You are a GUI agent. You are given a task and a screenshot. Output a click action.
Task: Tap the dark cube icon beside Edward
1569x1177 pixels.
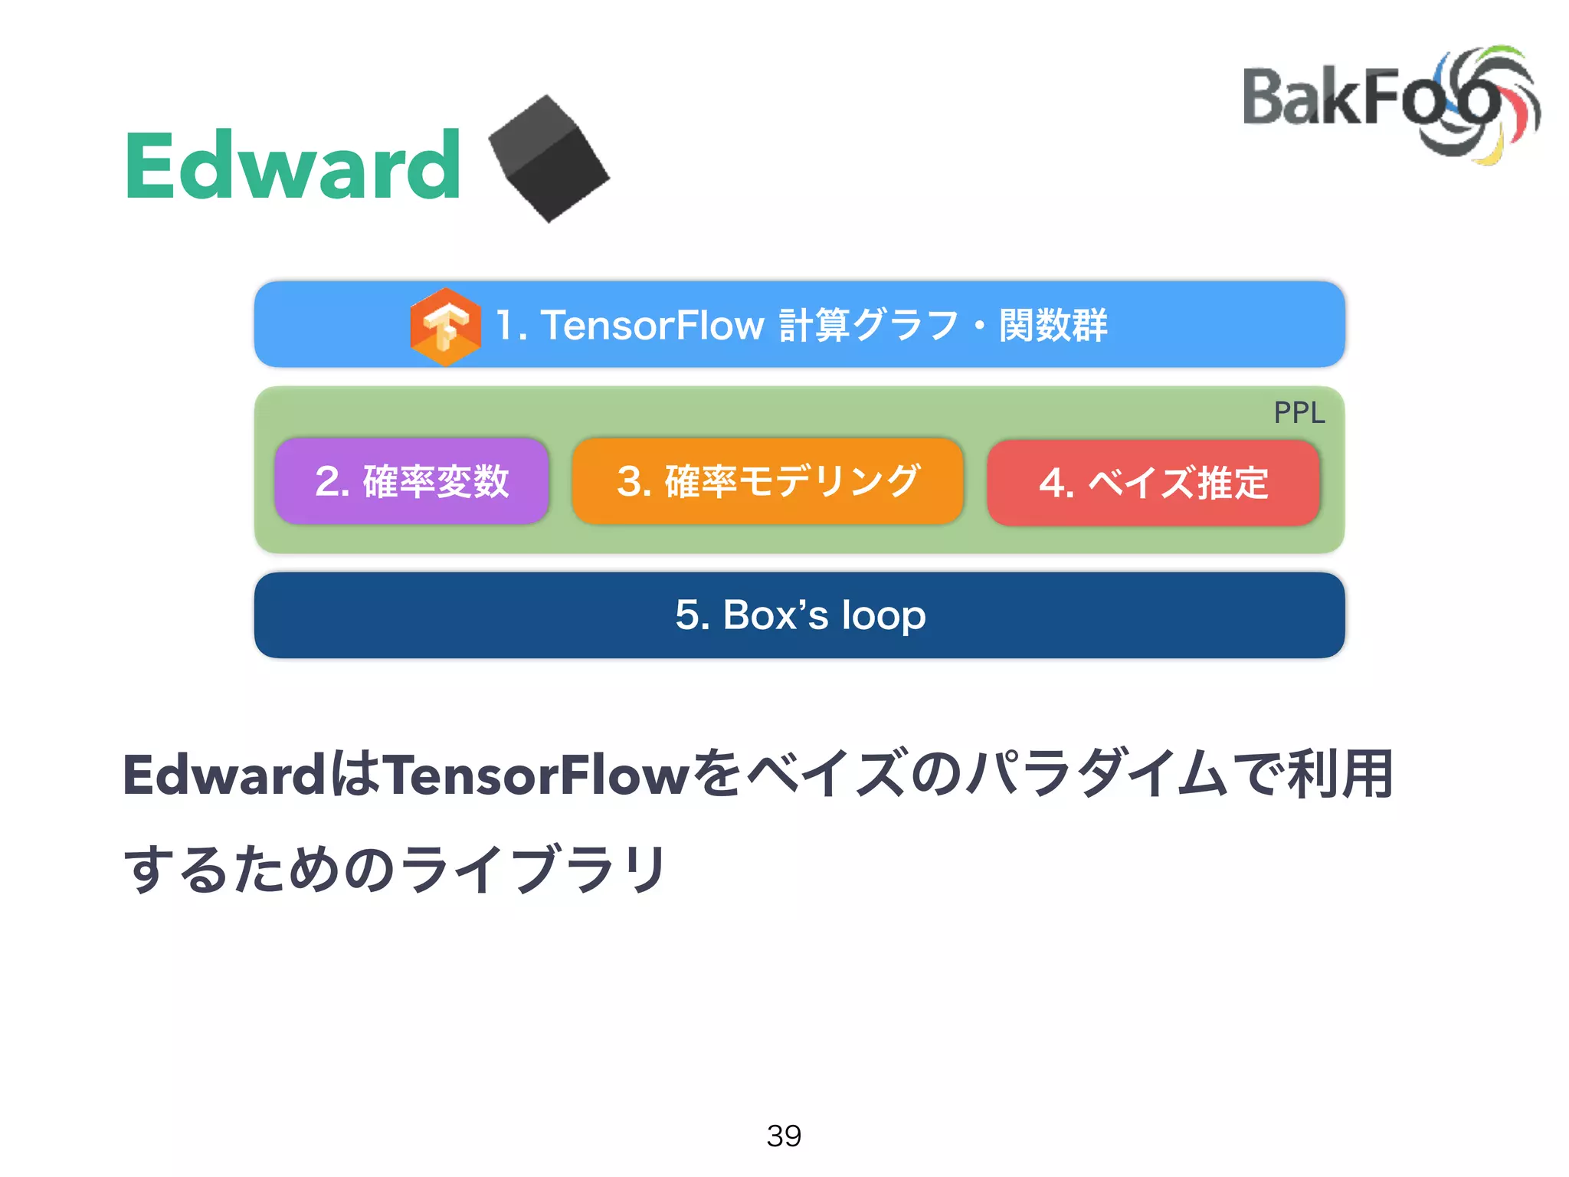(549, 159)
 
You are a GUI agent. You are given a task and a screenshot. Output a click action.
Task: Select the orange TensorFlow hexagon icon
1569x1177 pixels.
(445, 326)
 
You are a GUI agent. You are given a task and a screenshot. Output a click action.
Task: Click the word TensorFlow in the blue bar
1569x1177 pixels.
(653, 325)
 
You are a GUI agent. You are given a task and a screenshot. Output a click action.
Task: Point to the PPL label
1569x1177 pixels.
(1299, 413)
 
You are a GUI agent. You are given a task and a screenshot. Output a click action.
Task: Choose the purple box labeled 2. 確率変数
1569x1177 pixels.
(412, 481)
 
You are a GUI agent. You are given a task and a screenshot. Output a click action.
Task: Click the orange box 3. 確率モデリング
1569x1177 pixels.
(767, 481)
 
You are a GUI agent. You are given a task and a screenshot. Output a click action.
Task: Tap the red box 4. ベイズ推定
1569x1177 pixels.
(1153, 483)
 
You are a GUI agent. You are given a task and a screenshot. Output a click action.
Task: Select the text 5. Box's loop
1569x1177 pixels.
(800, 615)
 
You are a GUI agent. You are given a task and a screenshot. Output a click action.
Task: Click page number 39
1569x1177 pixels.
(784, 1136)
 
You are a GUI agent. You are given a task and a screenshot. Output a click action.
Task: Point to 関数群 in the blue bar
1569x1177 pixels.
(1053, 325)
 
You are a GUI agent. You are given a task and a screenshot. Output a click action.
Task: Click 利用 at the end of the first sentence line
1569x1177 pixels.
(1341, 775)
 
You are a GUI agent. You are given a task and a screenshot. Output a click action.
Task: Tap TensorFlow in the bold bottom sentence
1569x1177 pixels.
(536, 775)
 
